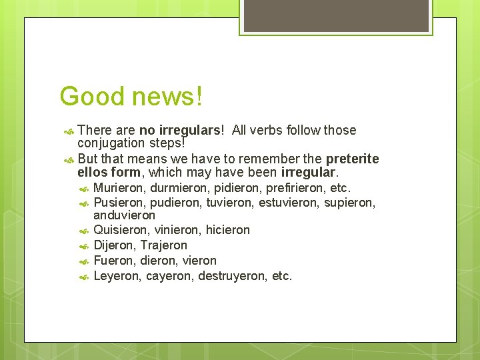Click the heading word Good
click(x=92, y=96)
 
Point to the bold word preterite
click(x=352, y=159)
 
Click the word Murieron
click(x=120, y=188)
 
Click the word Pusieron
click(x=120, y=203)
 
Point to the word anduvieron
click(x=125, y=215)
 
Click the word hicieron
click(x=227, y=230)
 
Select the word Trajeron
click(x=164, y=245)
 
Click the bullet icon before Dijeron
click(x=83, y=246)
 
